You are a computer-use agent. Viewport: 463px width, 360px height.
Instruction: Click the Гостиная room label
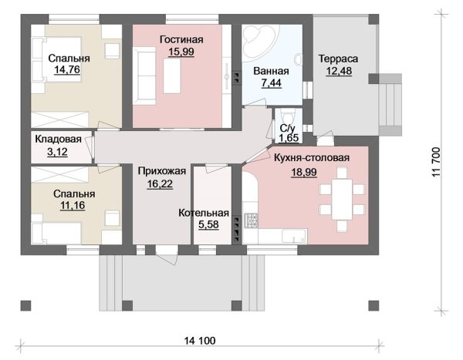click(x=181, y=39)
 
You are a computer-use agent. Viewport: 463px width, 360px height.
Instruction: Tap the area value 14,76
click(x=67, y=69)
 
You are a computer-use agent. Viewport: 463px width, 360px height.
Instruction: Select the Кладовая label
click(x=58, y=139)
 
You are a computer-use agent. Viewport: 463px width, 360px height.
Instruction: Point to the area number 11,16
click(x=73, y=205)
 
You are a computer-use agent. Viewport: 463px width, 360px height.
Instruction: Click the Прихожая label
click(x=162, y=171)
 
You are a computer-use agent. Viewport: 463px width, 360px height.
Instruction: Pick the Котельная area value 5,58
click(x=208, y=224)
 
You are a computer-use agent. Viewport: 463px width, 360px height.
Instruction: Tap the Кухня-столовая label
click(x=312, y=158)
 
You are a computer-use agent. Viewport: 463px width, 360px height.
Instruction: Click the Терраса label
click(x=338, y=59)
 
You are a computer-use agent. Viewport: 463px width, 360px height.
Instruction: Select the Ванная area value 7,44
click(x=272, y=83)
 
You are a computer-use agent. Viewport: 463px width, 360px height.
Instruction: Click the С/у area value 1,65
click(x=289, y=138)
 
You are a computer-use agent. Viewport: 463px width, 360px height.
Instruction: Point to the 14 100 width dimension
click(x=200, y=341)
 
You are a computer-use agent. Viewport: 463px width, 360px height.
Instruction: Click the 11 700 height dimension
click(x=437, y=162)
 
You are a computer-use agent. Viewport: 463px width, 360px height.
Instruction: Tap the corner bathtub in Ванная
click(x=260, y=44)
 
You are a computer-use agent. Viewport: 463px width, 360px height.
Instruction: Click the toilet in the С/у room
click(x=288, y=116)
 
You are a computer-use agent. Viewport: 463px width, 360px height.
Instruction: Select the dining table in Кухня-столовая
click(x=342, y=199)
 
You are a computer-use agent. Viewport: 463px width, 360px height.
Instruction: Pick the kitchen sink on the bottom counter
click(x=295, y=236)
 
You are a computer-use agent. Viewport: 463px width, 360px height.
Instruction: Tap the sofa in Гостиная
click(x=144, y=76)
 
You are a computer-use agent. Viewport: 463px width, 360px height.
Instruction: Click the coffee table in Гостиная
click(x=172, y=76)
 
